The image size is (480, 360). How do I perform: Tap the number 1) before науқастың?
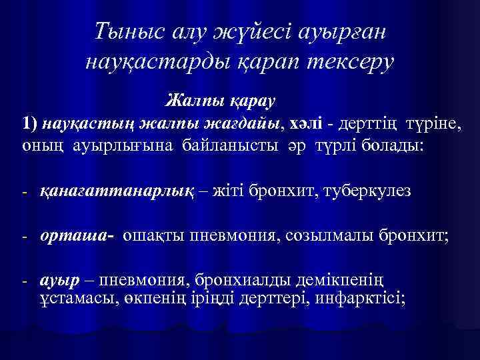tap(29, 123)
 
